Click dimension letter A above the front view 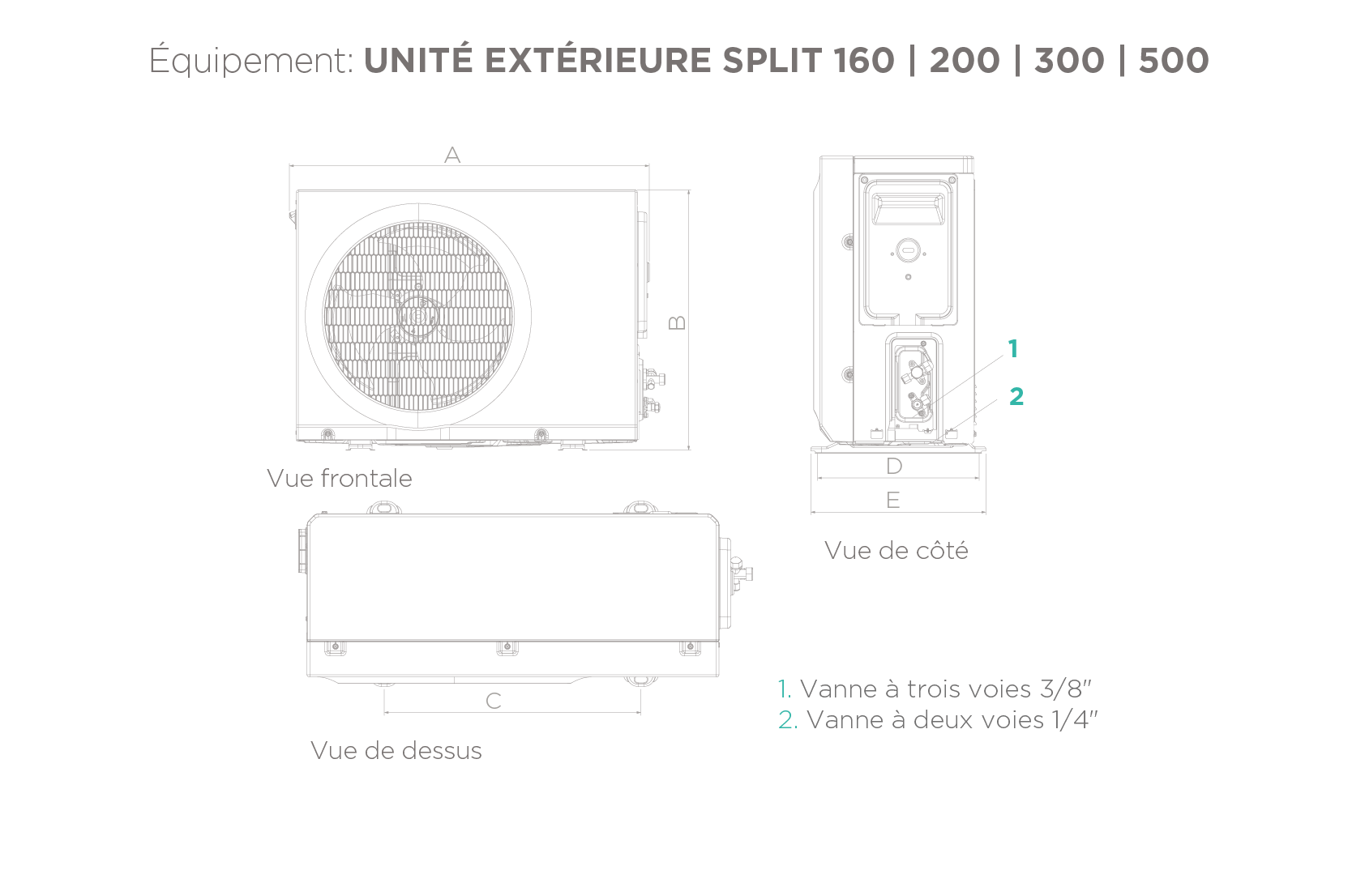point(452,155)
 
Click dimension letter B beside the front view point(678,322)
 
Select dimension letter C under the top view point(494,701)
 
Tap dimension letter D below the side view point(894,466)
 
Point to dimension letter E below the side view point(893,501)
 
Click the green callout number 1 point(1012,349)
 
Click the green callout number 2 point(1016,396)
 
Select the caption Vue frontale point(340,478)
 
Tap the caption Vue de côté point(896,551)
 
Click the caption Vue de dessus point(396,750)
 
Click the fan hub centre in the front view point(417,317)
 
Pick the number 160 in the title point(863,61)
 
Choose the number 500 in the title point(1174,61)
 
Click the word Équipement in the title point(251,62)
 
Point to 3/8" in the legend point(1066,689)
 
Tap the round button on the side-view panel point(908,252)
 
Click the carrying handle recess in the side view point(908,209)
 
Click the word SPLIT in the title point(772,61)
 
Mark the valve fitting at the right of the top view point(739,571)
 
